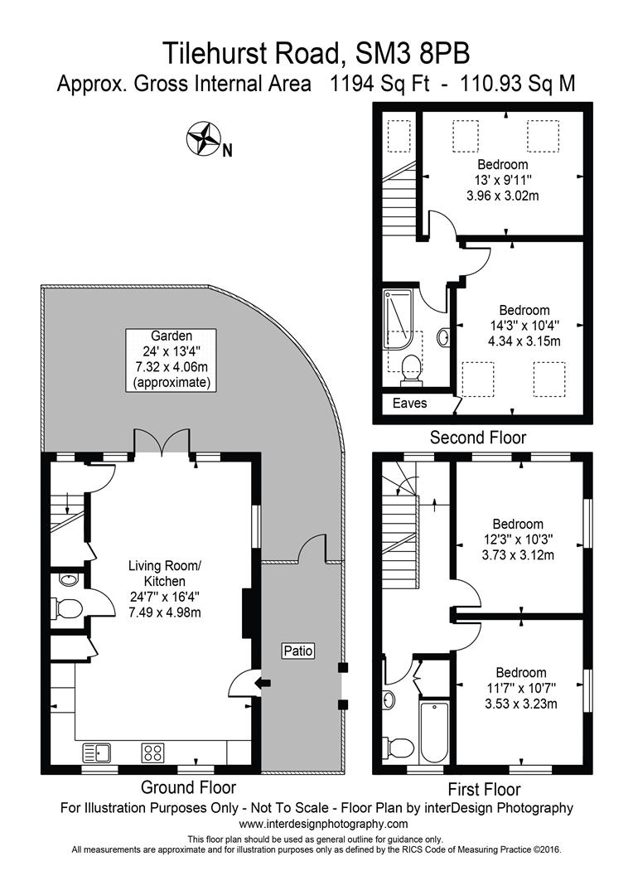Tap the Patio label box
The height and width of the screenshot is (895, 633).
tap(298, 651)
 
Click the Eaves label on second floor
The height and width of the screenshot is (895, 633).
tap(410, 404)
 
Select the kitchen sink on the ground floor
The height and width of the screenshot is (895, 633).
tap(98, 752)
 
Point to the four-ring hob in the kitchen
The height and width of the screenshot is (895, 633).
tap(152, 752)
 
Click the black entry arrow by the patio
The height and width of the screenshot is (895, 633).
tap(262, 683)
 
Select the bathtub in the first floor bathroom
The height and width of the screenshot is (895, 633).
tap(434, 733)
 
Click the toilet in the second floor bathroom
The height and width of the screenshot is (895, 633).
tap(410, 370)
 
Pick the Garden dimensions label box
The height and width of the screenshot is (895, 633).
tap(172, 360)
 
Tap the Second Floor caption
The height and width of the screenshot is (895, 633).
tap(479, 437)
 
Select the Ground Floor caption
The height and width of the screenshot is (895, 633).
tap(188, 787)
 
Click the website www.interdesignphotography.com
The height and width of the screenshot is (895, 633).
tap(323, 824)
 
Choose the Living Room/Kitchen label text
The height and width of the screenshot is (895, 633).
tap(163, 573)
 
